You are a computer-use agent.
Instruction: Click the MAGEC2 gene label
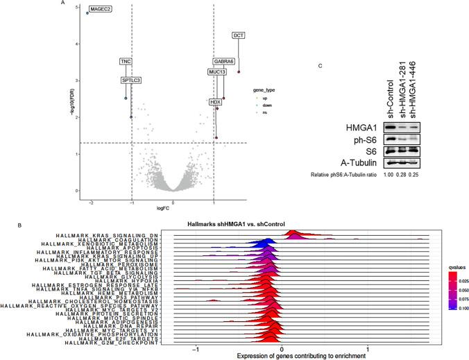100,8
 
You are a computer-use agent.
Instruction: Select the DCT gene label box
239,34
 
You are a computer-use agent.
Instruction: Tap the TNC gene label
126,62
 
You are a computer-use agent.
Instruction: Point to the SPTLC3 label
131,80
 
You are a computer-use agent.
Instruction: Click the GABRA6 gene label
223,62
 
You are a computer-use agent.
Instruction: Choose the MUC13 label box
217,71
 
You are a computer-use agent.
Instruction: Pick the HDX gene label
215,102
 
